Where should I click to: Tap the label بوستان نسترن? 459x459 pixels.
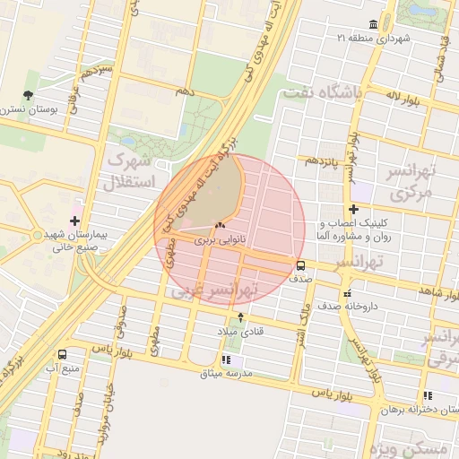coord(30,108)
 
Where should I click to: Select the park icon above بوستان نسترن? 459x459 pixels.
coord(29,94)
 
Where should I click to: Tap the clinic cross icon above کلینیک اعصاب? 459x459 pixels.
coord(354,209)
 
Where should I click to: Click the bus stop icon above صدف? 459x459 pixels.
coord(300,265)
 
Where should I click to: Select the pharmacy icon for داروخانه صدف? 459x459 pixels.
coord(347,292)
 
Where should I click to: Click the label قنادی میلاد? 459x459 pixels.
coord(237,333)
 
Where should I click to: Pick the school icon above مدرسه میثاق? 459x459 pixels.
coord(226,359)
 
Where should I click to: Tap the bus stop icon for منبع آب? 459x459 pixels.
coord(61,354)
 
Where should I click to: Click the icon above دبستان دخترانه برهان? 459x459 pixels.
coord(428,394)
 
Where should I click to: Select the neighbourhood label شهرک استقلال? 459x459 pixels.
coord(131,171)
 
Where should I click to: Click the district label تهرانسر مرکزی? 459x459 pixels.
coord(410,182)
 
